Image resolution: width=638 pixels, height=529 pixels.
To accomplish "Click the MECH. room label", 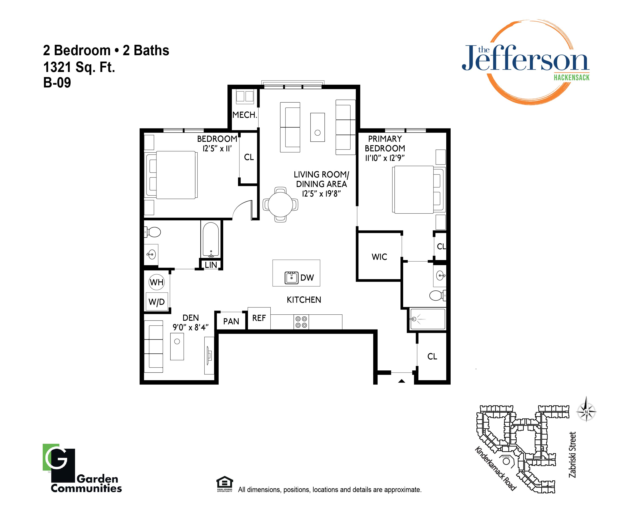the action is [x=245, y=115].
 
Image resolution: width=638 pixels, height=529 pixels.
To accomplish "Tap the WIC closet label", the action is [x=379, y=257].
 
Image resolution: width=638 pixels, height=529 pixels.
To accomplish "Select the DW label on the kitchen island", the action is [x=307, y=277].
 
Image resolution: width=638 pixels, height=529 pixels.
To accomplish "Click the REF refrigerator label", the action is [x=259, y=318].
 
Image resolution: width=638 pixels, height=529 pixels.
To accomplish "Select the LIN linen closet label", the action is [x=211, y=265].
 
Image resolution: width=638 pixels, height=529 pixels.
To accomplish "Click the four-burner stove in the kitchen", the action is [x=301, y=322].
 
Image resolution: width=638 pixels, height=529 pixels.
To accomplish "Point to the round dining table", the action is [x=280, y=205].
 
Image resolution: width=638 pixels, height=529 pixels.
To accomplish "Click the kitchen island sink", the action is [x=291, y=278].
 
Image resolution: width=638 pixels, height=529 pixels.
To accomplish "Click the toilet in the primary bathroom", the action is [x=437, y=295].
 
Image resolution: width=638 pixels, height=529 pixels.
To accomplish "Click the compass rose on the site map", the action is [x=586, y=412].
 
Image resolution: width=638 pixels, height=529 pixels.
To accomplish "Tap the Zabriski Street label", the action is [x=572, y=454].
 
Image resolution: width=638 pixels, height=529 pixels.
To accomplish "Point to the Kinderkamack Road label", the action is [x=495, y=469].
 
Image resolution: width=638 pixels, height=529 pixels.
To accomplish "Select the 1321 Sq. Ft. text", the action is [x=79, y=67].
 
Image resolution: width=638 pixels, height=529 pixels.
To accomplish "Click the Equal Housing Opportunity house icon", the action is [x=224, y=483].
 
